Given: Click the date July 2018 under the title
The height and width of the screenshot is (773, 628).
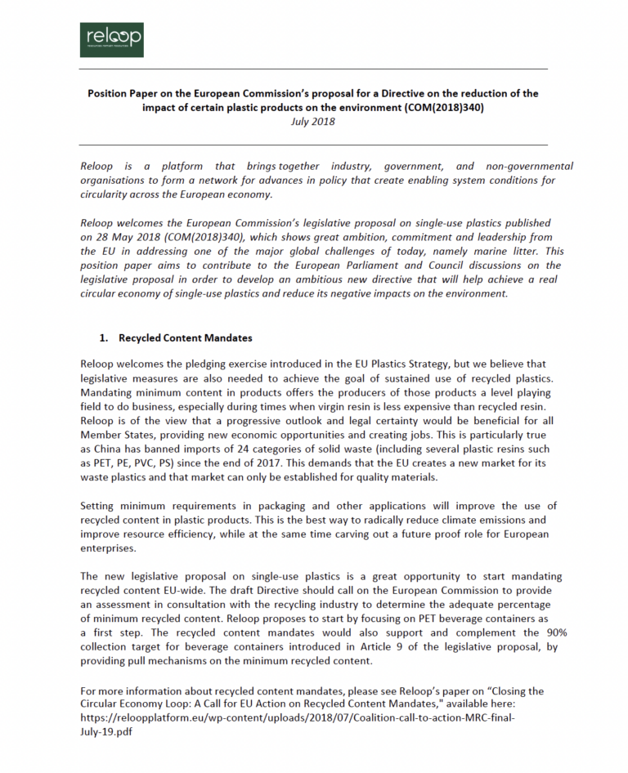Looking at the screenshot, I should click(x=313, y=121).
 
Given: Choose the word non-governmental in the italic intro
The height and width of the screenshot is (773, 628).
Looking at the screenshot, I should click(x=532, y=166).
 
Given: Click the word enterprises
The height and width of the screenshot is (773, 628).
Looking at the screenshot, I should click(x=110, y=547).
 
